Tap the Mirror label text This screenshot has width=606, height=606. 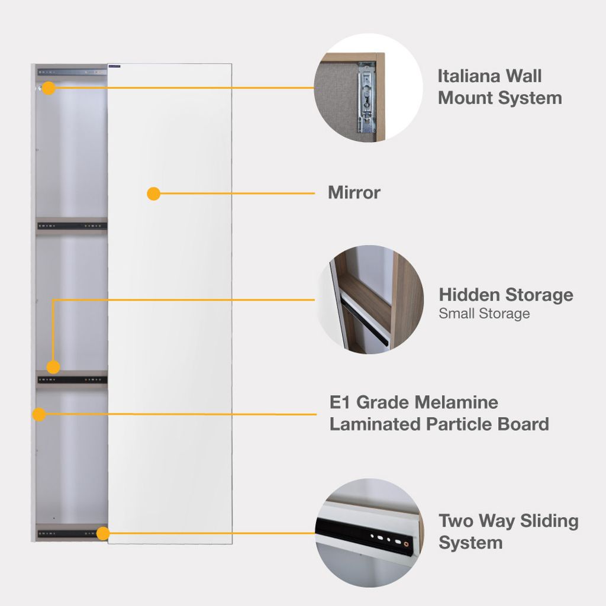click(x=354, y=193)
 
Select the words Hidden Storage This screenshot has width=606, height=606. click(x=505, y=295)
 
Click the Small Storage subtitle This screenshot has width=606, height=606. click(x=483, y=314)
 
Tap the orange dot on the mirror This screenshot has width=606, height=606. click(x=154, y=194)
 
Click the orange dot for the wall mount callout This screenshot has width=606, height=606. click(x=49, y=88)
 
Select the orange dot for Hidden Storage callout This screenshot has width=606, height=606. click(x=53, y=367)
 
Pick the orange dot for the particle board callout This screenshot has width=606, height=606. click(x=39, y=414)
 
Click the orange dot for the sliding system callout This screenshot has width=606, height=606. click(x=103, y=534)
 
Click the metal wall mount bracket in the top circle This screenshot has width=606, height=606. click(x=367, y=98)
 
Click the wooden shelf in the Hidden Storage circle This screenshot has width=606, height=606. click(x=367, y=296)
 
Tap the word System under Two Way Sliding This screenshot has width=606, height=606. click(x=470, y=543)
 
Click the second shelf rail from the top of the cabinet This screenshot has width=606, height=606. click(x=71, y=225)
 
